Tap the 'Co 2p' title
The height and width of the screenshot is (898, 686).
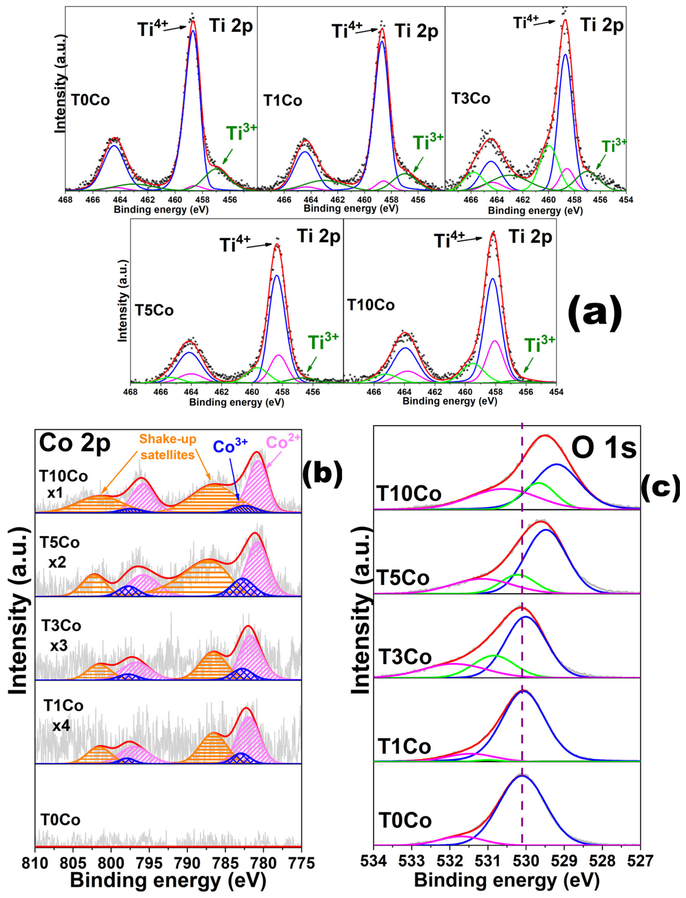pyautogui.click(x=75, y=443)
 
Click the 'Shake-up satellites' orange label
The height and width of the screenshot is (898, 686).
pyautogui.click(x=168, y=446)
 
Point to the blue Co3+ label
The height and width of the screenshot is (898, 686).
pyautogui.click(x=230, y=446)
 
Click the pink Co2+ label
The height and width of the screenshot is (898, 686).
pyautogui.click(x=283, y=442)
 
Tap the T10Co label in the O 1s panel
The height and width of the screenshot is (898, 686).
pyautogui.click(x=409, y=494)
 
